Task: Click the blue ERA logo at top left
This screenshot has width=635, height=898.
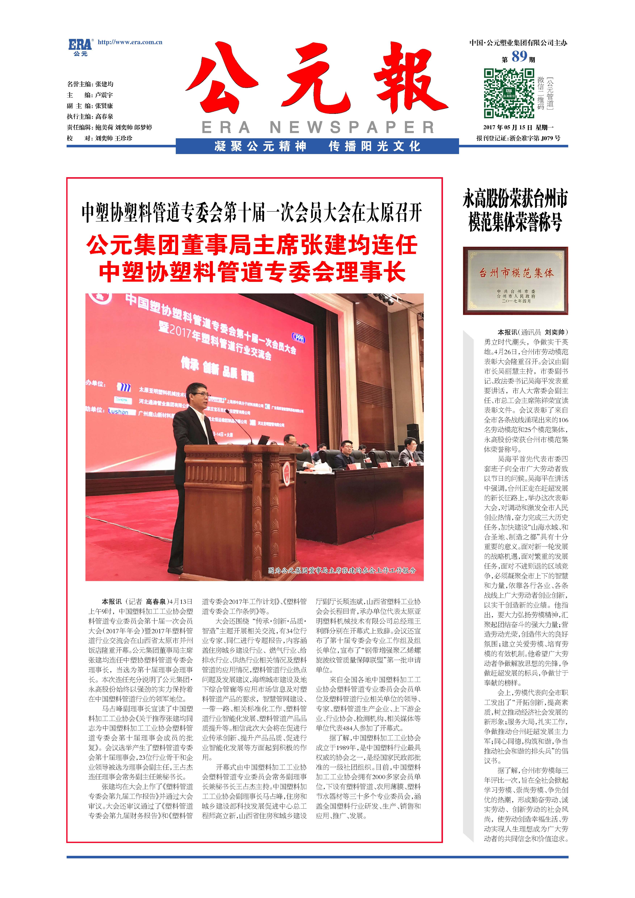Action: [x=80, y=46]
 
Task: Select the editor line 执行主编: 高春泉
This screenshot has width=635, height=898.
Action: [x=90, y=117]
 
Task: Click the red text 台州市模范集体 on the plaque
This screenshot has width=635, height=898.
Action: [x=516, y=273]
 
